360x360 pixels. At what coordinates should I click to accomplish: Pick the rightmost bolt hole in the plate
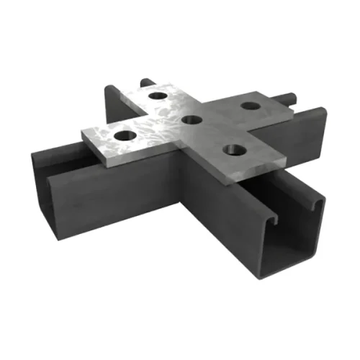click(x=250, y=107)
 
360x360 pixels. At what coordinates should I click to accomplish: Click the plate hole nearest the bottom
click(x=232, y=150)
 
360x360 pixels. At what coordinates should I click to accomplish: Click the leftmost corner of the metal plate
click(x=82, y=131)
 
